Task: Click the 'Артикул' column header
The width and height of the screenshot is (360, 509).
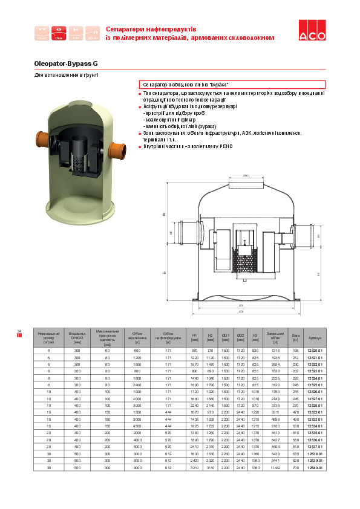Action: coord(315,337)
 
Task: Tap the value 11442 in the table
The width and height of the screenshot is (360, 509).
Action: coord(275,468)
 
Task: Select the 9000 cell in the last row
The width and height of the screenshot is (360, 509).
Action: coord(137,468)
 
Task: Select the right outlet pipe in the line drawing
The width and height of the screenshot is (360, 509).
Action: coord(301,232)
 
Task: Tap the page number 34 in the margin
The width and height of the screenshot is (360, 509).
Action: coord(19,331)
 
